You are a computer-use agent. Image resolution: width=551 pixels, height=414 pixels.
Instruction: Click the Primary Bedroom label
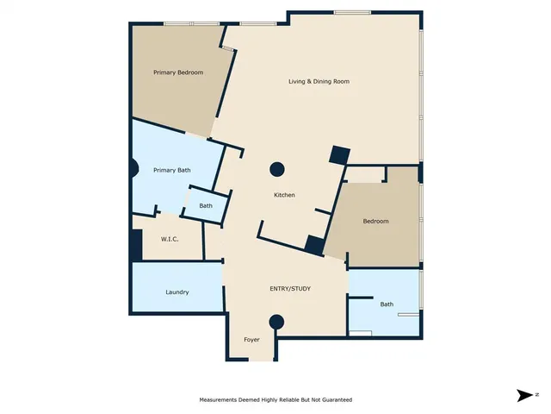coord(178,72)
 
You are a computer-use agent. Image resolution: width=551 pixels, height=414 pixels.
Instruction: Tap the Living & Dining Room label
coord(319,82)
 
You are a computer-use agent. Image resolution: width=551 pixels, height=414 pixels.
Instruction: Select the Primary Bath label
coord(172,171)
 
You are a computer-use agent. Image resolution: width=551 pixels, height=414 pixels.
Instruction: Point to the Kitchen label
coord(284,195)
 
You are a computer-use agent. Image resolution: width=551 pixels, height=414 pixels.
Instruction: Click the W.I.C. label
coord(170,239)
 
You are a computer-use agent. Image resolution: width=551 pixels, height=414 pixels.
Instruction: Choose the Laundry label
coord(177,292)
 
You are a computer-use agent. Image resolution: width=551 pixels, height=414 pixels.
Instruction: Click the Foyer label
coord(252,340)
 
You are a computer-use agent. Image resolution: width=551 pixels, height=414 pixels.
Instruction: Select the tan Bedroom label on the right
coord(375,222)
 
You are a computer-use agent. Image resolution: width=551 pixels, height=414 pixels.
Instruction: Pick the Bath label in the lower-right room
coord(387,304)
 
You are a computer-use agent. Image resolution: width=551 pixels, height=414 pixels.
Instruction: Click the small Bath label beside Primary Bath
coord(206,206)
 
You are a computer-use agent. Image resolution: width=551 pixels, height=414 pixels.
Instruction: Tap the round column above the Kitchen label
coord(278,169)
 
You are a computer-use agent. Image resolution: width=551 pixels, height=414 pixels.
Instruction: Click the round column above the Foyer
coord(276,323)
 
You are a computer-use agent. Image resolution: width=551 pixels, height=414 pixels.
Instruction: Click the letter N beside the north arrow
coord(536,395)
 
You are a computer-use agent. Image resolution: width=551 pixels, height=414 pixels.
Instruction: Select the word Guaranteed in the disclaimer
coord(335,400)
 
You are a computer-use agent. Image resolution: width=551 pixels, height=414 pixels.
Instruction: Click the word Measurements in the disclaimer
coord(221,400)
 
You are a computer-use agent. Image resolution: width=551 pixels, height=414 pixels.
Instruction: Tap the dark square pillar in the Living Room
coord(339,155)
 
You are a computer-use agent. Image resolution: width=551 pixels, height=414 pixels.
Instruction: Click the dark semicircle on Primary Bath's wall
coord(133,168)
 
